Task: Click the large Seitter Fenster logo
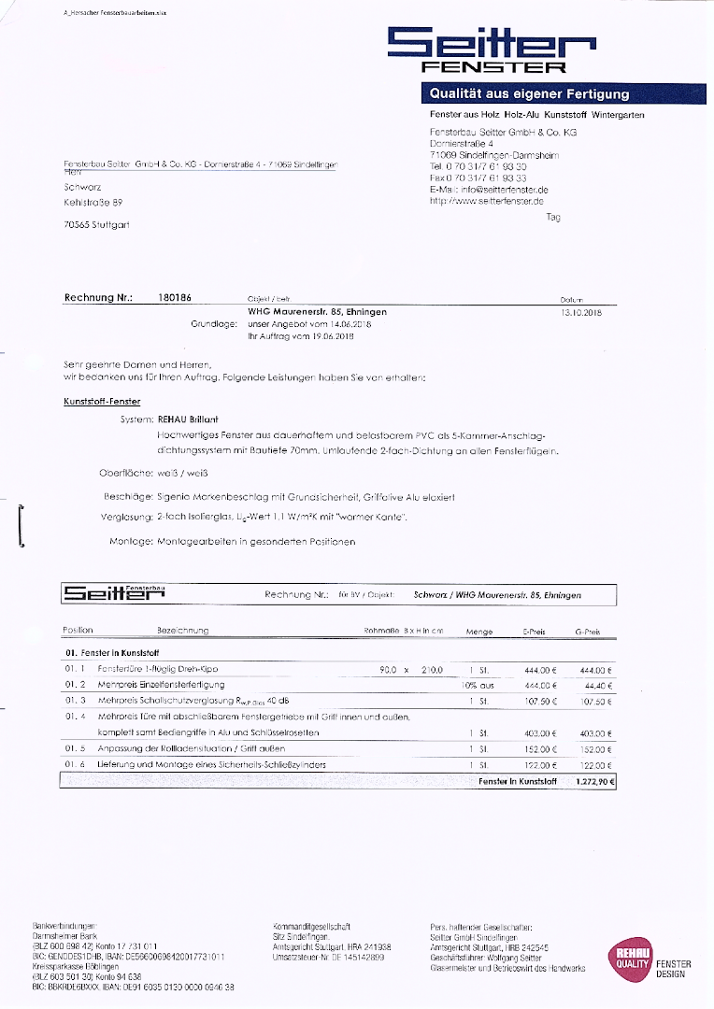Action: (492, 49)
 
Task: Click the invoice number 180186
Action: (176, 298)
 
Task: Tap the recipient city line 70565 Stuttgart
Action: (97, 225)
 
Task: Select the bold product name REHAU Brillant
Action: (188, 420)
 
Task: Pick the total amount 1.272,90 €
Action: (593, 780)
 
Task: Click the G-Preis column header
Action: (587, 632)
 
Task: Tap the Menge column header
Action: (478, 632)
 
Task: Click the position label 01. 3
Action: (75, 700)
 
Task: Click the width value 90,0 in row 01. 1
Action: (388, 670)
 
